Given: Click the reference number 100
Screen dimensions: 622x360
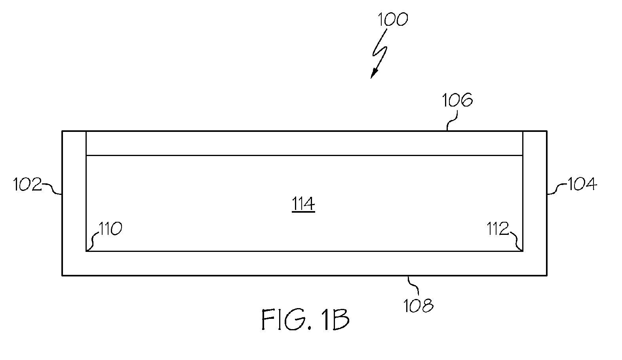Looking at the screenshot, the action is [x=393, y=19].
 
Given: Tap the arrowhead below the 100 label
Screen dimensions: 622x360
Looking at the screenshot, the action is [x=374, y=74].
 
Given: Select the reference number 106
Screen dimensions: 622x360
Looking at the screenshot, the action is [x=457, y=100].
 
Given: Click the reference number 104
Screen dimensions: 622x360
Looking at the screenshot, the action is [x=582, y=184].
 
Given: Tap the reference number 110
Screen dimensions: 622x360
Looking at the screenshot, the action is [x=110, y=229].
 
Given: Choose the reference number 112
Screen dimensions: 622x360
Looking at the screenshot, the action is [x=498, y=229].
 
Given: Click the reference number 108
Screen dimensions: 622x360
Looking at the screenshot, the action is [x=418, y=306].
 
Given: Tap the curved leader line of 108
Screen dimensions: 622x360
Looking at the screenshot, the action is [x=413, y=285].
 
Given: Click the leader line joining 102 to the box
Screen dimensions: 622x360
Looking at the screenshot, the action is [x=52, y=189].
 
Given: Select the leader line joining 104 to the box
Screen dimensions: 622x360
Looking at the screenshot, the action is [x=557, y=189].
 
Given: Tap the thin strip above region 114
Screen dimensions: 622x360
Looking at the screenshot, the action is [x=304, y=143].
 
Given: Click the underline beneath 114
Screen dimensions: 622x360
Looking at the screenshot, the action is [x=303, y=212].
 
